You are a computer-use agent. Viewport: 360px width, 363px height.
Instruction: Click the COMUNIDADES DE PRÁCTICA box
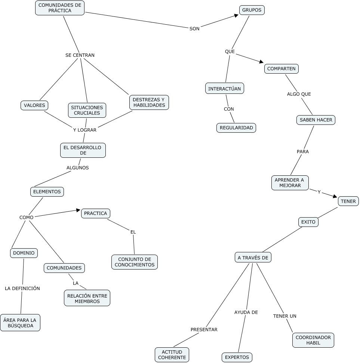(x=60, y=8)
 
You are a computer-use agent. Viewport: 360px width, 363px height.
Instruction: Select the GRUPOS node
(x=252, y=10)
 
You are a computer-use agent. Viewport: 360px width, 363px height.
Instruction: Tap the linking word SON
(x=194, y=29)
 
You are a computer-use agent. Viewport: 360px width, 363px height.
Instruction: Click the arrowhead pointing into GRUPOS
(x=236, y=15)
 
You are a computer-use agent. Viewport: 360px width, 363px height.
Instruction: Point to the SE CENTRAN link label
(x=80, y=55)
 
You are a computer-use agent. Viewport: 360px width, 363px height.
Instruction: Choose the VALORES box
(x=34, y=105)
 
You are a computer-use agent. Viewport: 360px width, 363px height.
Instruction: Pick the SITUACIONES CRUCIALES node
(x=87, y=110)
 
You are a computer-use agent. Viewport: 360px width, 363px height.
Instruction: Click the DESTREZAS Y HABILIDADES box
(x=149, y=102)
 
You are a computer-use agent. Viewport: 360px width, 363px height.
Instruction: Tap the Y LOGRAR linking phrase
(x=85, y=130)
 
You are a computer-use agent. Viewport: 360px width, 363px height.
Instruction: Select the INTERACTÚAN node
(x=225, y=89)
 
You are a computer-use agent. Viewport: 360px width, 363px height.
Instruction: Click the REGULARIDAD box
(x=236, y=128)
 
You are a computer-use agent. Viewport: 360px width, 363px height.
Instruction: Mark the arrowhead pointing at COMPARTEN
(x=262, y=62)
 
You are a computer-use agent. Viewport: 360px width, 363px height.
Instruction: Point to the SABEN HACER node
(x=316, y=120)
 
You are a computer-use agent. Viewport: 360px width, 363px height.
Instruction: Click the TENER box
(x=348, y=201)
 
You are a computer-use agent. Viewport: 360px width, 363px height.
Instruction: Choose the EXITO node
(x=308, y=222)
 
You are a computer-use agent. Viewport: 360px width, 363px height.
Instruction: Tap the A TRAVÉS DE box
(x=253, y=258)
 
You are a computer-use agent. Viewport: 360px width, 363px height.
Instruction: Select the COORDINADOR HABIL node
(x=313, y=340)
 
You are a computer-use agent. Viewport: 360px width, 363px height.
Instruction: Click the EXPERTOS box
(x=237, y=357)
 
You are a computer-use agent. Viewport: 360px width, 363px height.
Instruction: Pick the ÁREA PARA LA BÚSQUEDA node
(x=20, y=323)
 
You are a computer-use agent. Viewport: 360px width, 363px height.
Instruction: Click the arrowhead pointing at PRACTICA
(x=78, y=210)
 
